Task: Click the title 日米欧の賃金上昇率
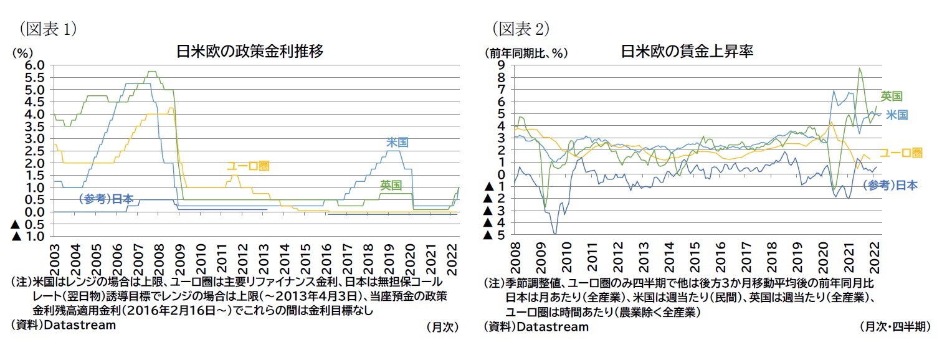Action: click(687, 51)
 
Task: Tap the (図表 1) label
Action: click(48, 28)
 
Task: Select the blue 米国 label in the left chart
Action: click(397, 143)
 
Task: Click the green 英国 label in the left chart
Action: click(391, 185)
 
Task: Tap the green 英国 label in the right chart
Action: click(891, 96)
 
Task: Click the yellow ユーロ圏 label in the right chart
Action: click(900, 153)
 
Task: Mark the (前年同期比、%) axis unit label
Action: click(526, 53)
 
